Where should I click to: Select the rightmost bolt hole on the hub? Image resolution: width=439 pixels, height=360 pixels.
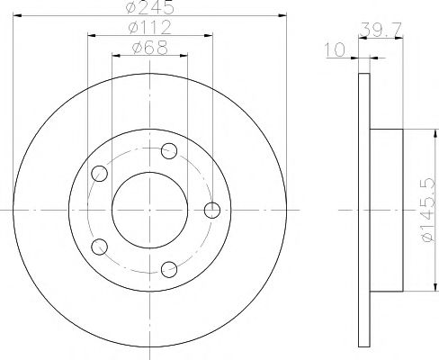[x=212, y=211]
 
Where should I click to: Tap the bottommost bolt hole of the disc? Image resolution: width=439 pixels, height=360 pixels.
[x=169, y=268]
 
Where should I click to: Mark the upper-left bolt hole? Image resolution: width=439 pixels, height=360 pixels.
[x=100, y=173]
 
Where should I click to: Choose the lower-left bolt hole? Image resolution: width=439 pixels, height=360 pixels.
[x=100, y=246]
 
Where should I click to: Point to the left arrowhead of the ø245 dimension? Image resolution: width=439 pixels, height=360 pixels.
[x=20, y=15]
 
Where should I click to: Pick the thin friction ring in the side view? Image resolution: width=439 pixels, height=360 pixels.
[x=363, y=211]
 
